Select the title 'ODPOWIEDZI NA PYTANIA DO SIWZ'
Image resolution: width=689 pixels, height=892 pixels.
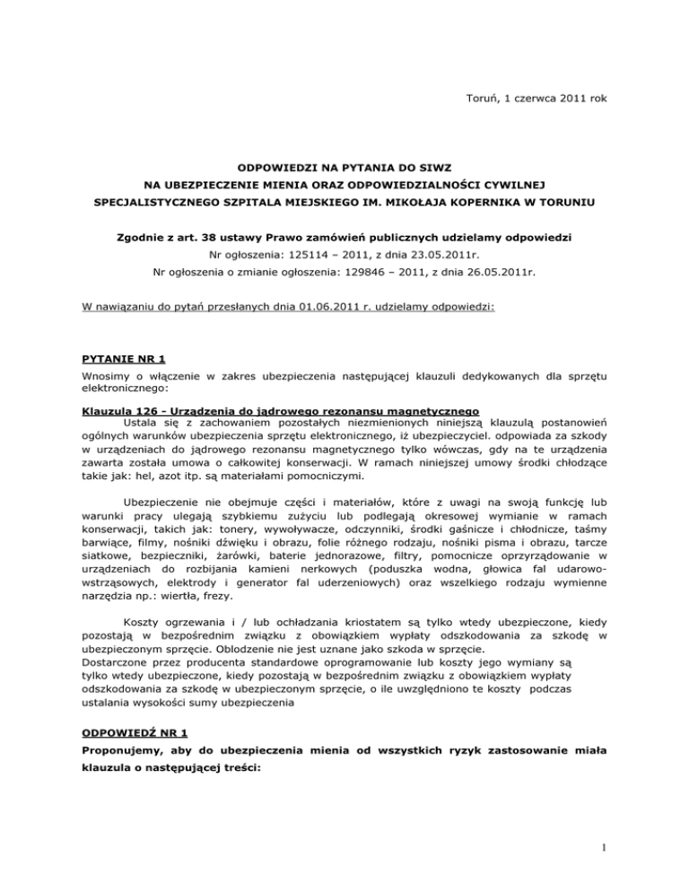pyautogui.click(x=344, y=169)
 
